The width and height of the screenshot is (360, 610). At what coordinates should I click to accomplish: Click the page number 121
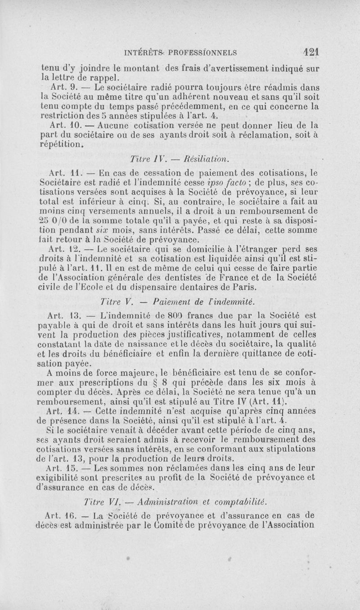pyautogui.click(x=311, y=51)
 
